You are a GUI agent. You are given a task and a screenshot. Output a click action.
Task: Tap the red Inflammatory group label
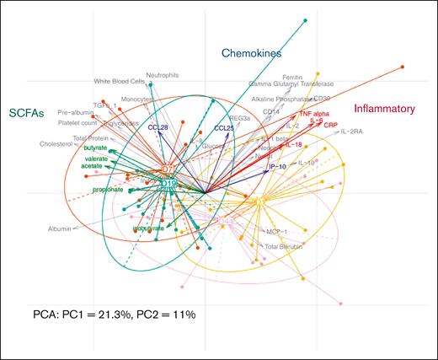tap(387, 108)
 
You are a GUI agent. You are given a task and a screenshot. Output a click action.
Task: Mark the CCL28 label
tap(159, 127)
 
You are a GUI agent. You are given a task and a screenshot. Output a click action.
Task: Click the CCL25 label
tap(224, 128)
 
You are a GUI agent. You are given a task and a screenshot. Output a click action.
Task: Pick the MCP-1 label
tap(278, 230)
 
